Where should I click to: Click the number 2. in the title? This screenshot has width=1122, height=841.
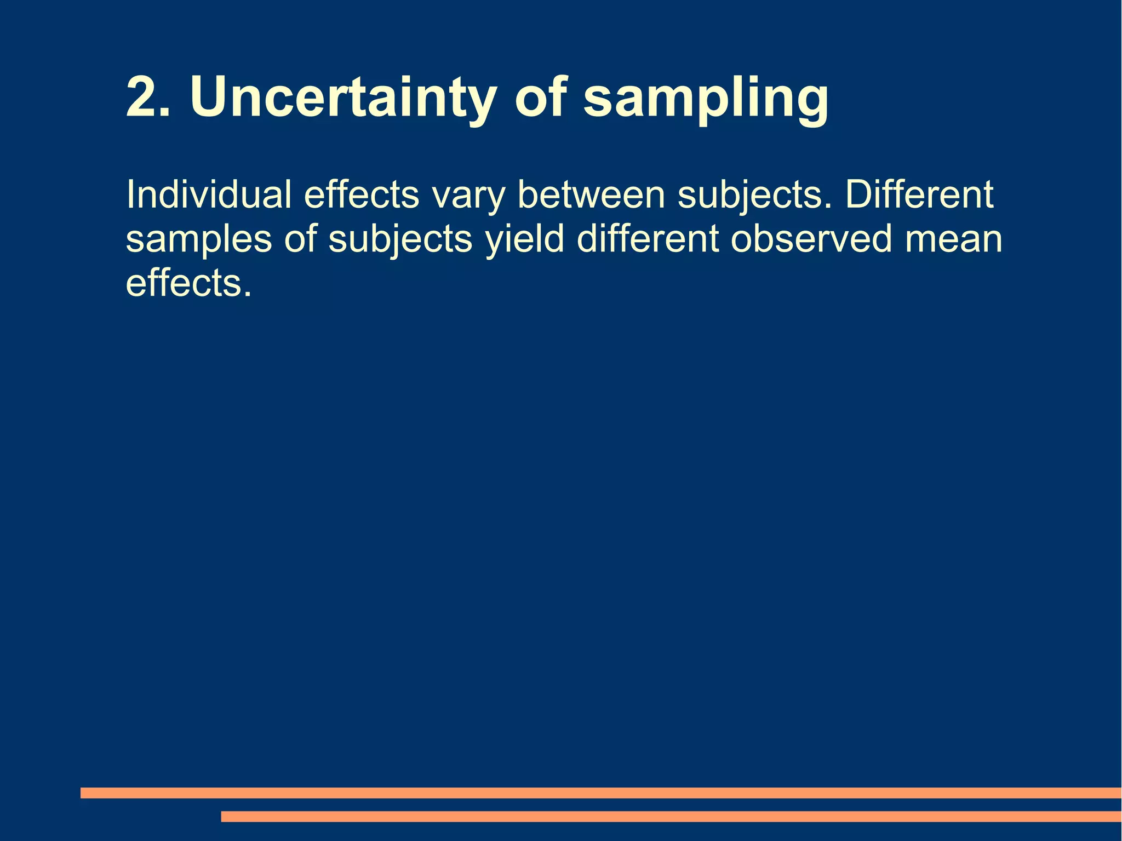point(148,97)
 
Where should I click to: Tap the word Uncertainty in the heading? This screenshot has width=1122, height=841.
point(342,97)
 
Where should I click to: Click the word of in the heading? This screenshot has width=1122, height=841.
point(540,97)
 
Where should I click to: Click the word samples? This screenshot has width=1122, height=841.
point(198,240)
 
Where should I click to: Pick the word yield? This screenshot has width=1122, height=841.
point(524,240)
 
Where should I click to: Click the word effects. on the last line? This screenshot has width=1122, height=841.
point(188,283)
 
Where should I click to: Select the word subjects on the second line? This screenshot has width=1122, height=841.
point(400,240)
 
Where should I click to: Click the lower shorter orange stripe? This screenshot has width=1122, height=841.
point(671,816)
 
